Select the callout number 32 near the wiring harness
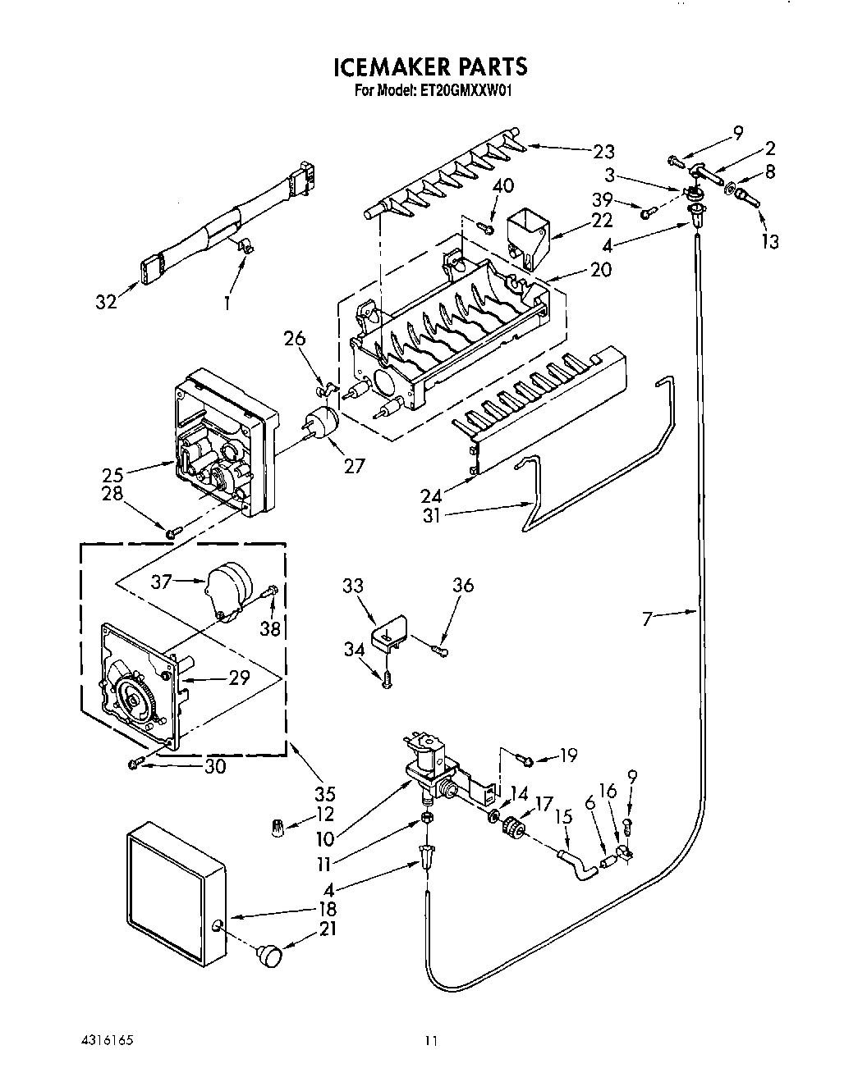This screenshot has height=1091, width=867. pos(107,301)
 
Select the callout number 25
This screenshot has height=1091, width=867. pos(113,474)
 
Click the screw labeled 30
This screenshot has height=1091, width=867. pos(135,765)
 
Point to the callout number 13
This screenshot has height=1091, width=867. pos(769,241)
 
